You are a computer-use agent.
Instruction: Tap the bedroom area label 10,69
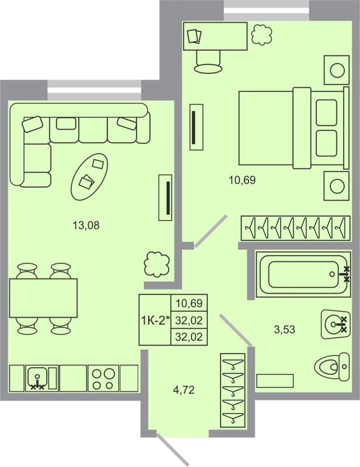point(242,180)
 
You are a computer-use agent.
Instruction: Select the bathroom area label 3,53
point(284,329)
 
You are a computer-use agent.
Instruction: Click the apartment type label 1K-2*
point(155,320)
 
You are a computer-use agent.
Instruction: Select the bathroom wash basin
point(335,323)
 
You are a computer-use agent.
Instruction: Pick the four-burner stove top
point(103,378)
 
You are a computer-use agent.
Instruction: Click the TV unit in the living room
point(166,198)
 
